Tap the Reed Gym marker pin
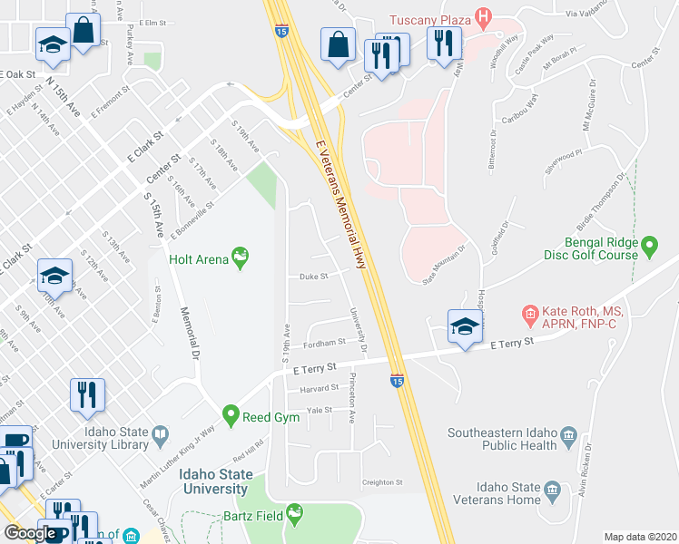(231, 416)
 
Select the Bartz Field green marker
(294, 516)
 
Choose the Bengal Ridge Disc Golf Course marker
(649, 245)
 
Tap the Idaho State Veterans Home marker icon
(552, 493)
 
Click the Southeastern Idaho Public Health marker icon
(569, 435)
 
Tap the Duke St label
(312, 277)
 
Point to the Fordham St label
(324, 343)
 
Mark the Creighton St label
(381, 482)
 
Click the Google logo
(30, 533)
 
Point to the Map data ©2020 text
(640, 537)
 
